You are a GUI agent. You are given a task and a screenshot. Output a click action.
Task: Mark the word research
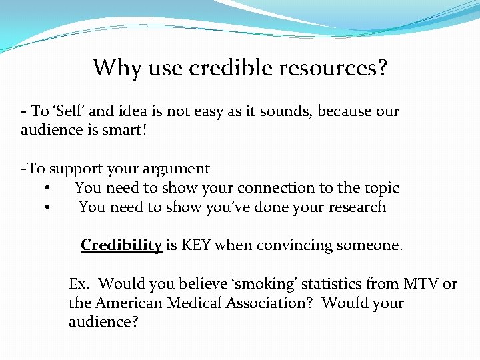coord(356,207)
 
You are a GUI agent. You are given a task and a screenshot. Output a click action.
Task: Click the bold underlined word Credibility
coord(121,245)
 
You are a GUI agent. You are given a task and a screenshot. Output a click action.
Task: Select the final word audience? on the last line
coord(101,321)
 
